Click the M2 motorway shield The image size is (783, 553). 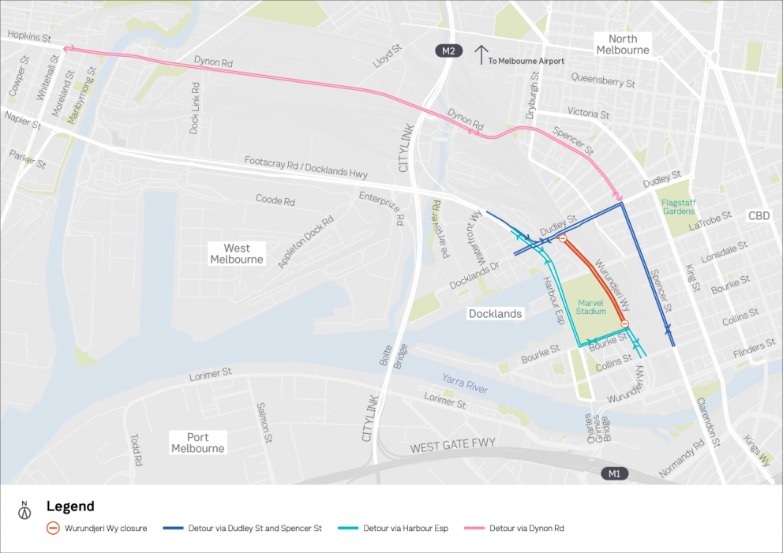coord(448,51)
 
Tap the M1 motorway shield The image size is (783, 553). coord(613,473)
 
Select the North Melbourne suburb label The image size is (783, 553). coord(622,44)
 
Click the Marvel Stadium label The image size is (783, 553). coord(590,306)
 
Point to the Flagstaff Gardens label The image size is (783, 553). coord(678,206)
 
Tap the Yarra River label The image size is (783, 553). coord(465,383)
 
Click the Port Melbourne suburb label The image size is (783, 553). coord(197,443)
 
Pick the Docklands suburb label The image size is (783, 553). coord(495,313)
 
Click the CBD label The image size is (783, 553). coord(759,215)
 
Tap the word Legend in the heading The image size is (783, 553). coord(70,506)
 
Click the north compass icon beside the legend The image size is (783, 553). coord(24,510)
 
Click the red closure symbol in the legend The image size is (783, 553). coord(52,529)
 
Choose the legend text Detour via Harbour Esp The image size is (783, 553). coord(406,529)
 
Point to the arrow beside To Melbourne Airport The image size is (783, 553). coord(481,54)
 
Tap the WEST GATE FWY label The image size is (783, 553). coord(452,446)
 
